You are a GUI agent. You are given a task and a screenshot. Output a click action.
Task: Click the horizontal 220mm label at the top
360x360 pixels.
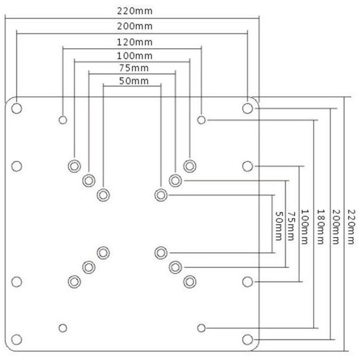[x=135, y=11]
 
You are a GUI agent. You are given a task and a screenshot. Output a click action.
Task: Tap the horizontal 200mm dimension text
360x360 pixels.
[x=135, y=26]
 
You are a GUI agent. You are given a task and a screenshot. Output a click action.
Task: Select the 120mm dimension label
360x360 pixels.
[x=135, y=42]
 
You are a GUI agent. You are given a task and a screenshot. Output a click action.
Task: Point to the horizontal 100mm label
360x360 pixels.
[x=135, y=56]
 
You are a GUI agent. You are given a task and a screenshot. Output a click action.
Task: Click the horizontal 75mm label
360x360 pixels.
[x=134, y=68]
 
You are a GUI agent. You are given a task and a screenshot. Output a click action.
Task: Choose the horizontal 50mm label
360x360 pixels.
[x=134, y=81]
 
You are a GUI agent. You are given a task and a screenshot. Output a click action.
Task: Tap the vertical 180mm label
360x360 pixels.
[x=321, y=227]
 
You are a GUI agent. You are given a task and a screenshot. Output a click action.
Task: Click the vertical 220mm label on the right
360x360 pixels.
[x=351, y=227]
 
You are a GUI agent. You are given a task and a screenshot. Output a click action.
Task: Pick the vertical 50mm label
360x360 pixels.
[x=279, y=226]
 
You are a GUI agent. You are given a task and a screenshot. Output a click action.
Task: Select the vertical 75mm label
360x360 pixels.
[x=291, y=226]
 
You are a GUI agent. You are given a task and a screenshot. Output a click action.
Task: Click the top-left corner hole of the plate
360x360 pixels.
[x=16, y=108]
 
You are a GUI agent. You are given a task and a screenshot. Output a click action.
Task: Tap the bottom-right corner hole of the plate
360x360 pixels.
[x=247, y=339]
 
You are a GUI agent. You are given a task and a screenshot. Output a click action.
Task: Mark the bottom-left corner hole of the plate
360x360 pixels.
[x=16, y=339]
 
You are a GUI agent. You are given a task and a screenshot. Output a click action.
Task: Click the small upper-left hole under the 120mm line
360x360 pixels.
[x=63, y=120]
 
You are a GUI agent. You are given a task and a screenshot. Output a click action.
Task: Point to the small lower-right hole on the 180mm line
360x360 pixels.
[x=202, y=328]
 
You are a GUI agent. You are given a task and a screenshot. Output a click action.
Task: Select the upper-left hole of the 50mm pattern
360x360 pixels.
[x=104, y=195]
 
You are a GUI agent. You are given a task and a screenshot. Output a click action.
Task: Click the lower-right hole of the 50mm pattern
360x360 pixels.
[x=161, y=253]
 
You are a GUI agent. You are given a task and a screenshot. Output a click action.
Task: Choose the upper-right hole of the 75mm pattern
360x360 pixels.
[x=175, y=180]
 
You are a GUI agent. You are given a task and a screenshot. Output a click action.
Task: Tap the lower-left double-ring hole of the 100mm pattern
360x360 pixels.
[x=74, y=281]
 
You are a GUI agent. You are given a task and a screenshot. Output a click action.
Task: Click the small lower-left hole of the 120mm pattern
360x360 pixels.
[x=63, y=328]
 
